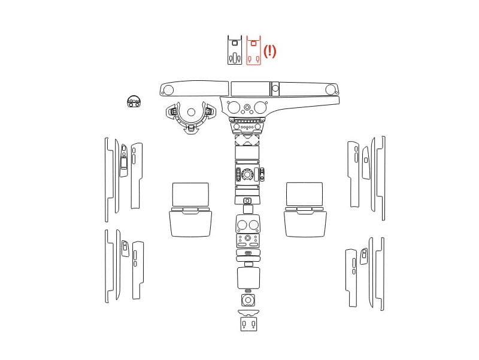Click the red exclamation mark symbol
pos(270,51)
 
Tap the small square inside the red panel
pos(253,43)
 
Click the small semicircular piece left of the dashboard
pos(134,101)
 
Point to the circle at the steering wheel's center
pos(191,112)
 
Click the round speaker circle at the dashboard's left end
pos(168,90)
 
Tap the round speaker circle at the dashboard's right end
pos(331,90)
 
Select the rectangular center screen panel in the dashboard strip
pos(250,89)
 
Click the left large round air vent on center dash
pos(234,107)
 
